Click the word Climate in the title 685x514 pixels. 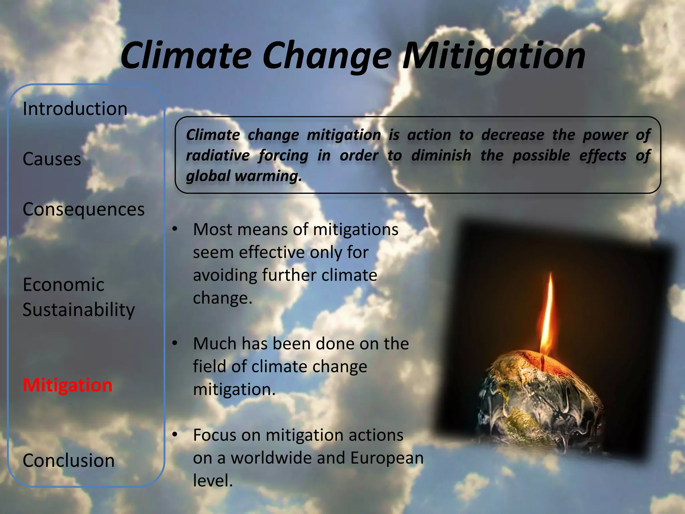(186, 55)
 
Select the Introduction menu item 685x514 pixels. (75, 109)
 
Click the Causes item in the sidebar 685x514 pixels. (52, 159)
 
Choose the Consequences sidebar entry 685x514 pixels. (84, 209)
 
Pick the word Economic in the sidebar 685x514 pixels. (64, 285)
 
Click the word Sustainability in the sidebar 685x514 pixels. (79, 310)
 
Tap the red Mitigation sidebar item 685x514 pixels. (68, 385)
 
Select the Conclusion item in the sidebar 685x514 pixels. (69, 460)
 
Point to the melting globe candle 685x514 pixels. (539, 402)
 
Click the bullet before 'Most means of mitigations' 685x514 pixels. (175, 230)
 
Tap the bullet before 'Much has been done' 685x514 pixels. (175, 344)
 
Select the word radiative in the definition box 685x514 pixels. (218, 156)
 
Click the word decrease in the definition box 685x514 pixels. (513, 135)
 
